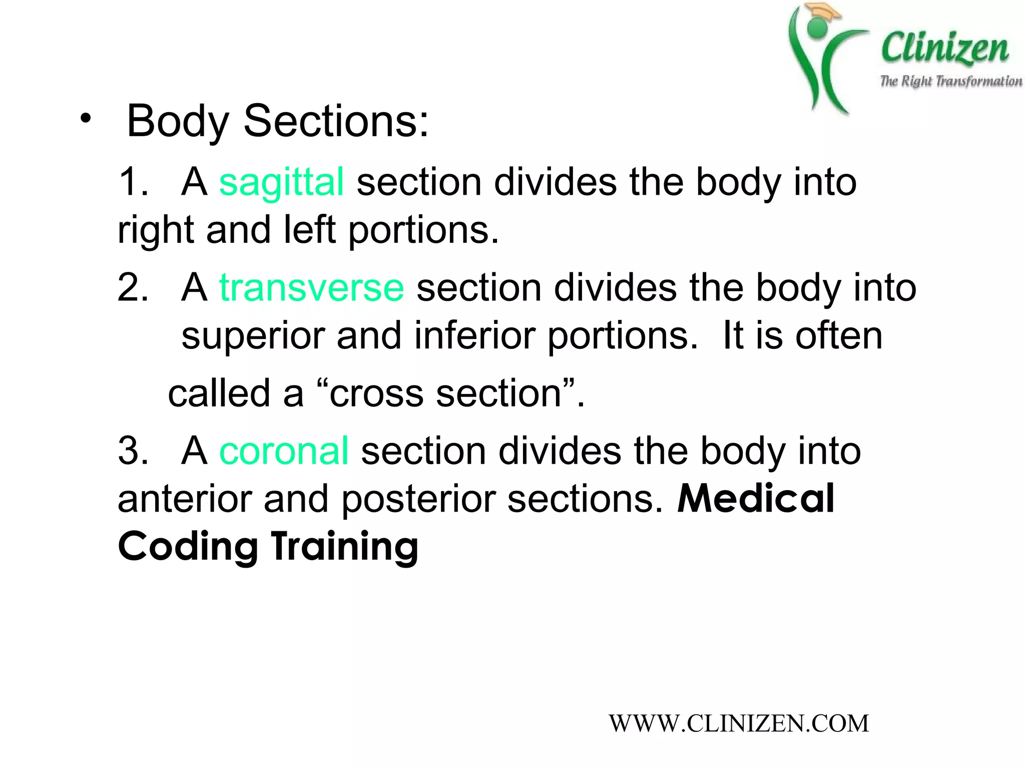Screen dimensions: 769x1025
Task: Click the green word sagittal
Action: (x=281, y=182)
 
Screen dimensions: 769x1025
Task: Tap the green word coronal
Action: (x=284, y=451)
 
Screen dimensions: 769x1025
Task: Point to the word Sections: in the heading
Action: (x=336, y=121)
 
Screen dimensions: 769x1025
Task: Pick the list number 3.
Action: (x=132, y=451)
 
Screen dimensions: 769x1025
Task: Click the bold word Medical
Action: (x=756, y=499)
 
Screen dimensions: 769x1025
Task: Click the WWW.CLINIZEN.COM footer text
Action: (x=739, y=724)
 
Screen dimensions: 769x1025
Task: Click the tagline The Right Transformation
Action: (x=951, y=81)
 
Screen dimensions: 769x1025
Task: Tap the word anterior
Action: (x=185, y=500)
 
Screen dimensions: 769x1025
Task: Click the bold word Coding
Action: (x=188, y=547)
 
